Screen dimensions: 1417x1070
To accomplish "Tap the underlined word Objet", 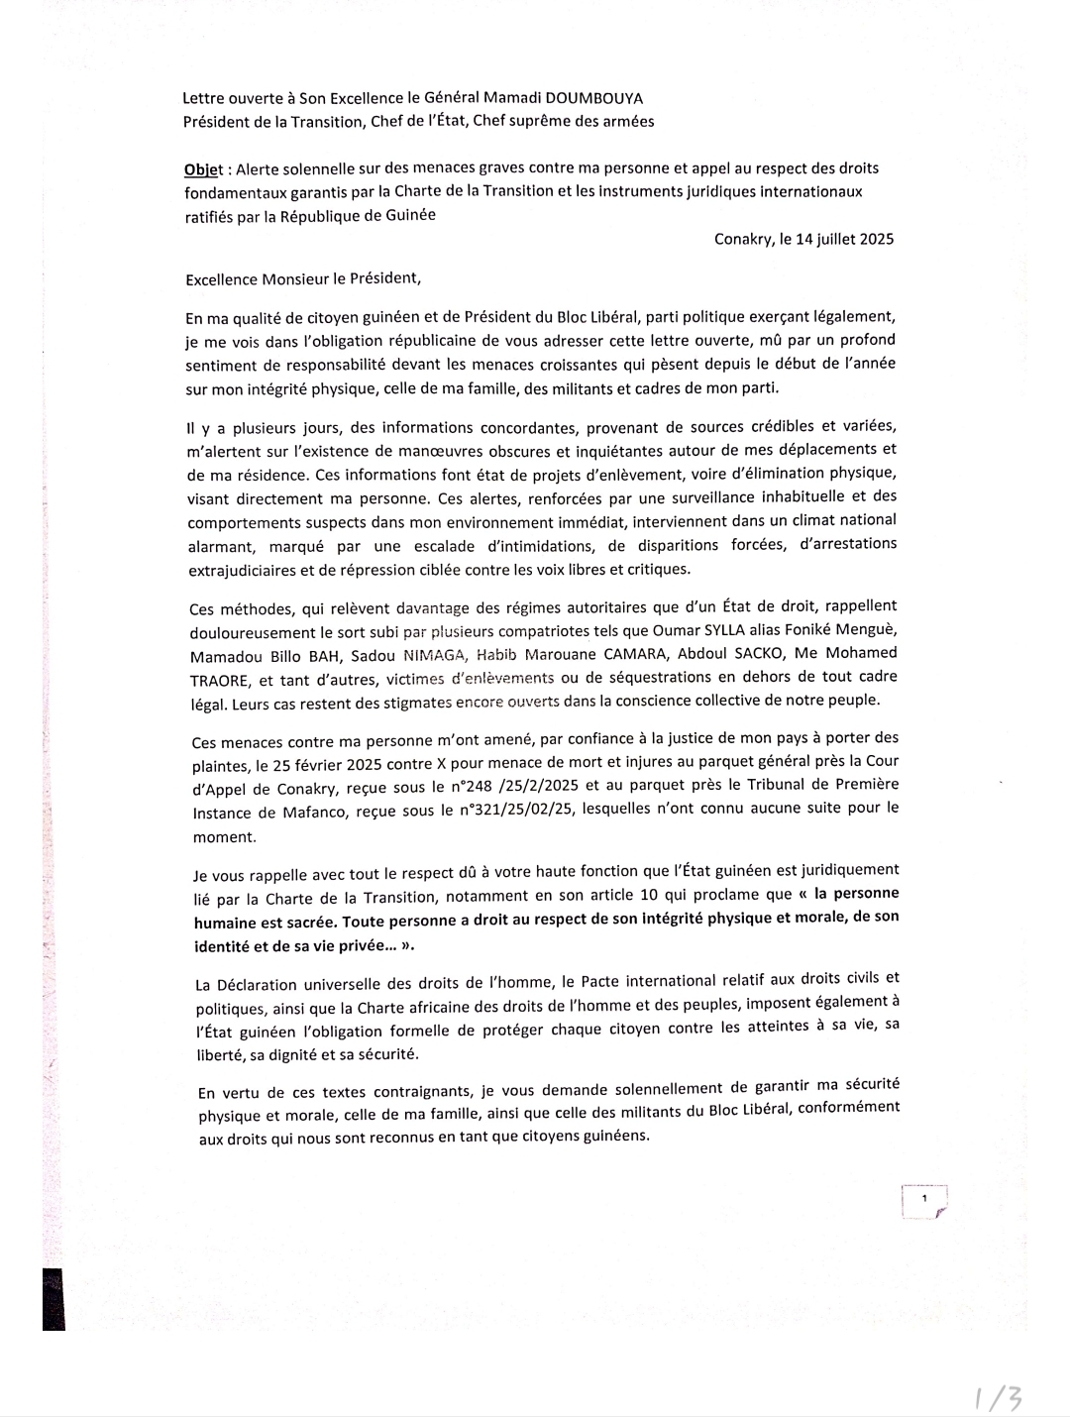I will coord(204,169).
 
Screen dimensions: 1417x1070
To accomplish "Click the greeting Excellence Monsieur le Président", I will coord(302,279).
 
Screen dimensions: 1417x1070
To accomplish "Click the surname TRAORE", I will coord(219,680).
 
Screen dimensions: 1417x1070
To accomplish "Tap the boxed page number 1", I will coord(924,1200).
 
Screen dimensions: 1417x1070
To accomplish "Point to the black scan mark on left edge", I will coord(53,1298).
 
